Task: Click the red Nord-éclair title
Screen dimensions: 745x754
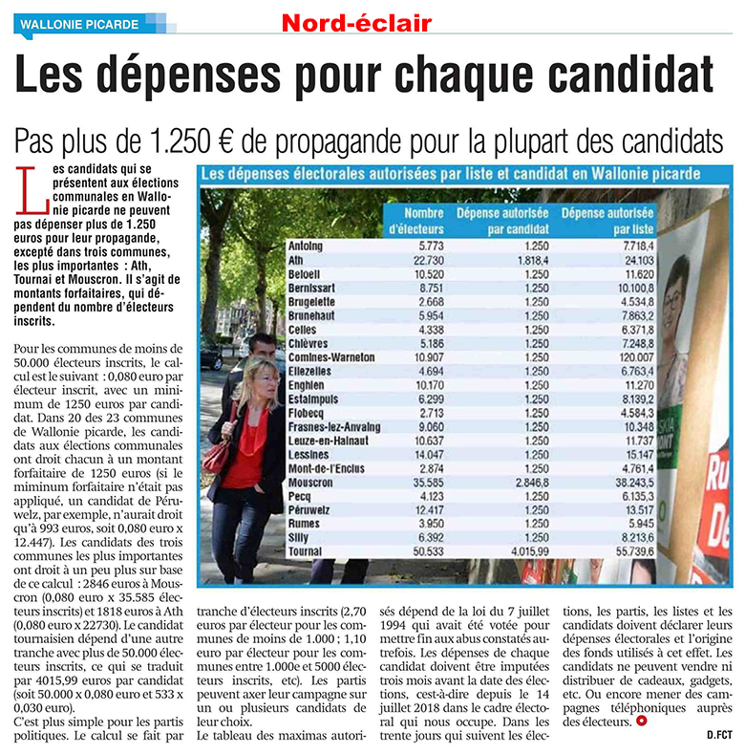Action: click(x=356, y=23)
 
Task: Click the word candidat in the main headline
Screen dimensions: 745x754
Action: click(x=630, y=74)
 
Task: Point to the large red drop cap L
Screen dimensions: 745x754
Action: click(x=32, y=190)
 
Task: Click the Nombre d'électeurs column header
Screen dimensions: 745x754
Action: click(x=416, y=221)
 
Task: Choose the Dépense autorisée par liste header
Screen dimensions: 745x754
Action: click(x=607, y=221)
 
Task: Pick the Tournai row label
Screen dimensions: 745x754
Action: click(x=305, y=551)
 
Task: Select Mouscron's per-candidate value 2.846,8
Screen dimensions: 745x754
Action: click(x=532, y=482)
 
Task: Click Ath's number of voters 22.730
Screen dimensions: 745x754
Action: click(x=429, y=260)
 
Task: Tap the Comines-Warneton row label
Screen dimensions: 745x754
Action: click(x=331, y=357)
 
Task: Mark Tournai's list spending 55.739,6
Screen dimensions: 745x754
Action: click(x=635, y=551)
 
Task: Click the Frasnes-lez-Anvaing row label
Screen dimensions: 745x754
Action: click(x=334, y=426)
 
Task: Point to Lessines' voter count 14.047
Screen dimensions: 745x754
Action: click(x=429, y=455)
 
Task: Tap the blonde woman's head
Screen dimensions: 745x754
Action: click(x=260, y=380)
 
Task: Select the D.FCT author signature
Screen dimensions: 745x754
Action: click(x=719, y=735)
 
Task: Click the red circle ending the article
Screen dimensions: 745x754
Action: click(x=641, y=721)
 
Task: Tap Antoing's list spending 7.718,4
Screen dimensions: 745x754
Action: click(x=639, y=247)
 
